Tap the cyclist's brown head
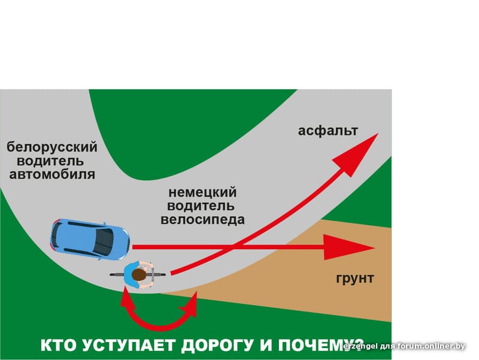pyautogui.click(x=139, y=275)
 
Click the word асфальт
pyautogui.click(x=328, y=131)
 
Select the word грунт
pyautogui.click(x=354, y=278)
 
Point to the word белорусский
pyautogui.click(x=51, y=147)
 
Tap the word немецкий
pyautogui.click(x=202, y=193)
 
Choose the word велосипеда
pyautogui.click(x=202, y=220)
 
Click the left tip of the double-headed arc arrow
pyautogui.click(x=126, y=294)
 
